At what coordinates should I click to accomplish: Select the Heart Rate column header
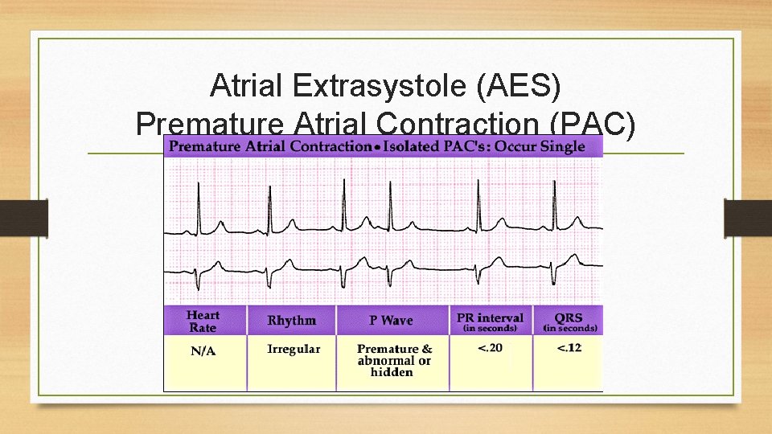pos(203,321)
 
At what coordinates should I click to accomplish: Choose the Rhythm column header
pos(292,321)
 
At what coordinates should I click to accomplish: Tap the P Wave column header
pos(391,321)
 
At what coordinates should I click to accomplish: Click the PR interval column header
pos(490,320)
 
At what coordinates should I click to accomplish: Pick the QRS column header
pos(569,320)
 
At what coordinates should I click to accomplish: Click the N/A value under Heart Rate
pos(203,351)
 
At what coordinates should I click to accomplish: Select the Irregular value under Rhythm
pos(294,350)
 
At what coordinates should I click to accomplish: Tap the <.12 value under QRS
pos(569,348)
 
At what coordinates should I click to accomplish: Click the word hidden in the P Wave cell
pos(392,372)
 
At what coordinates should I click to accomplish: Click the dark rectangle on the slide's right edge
pos(748,219)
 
